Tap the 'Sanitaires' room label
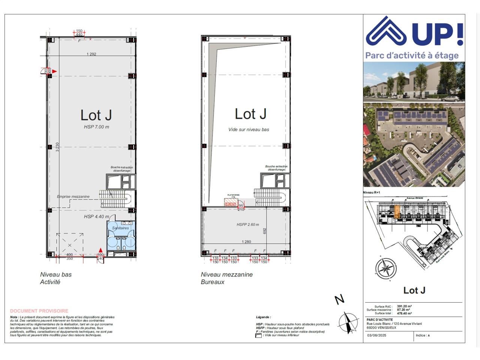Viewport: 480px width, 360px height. coord(120,228)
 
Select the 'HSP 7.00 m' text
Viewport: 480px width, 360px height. coord(96,127)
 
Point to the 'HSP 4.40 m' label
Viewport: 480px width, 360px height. coord(96,217)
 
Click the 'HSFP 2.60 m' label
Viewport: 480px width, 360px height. coord(247,225)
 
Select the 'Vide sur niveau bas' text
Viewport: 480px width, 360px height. coord(249,130)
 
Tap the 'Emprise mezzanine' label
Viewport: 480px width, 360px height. coord(73,196)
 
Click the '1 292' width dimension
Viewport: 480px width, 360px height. coord(91,54)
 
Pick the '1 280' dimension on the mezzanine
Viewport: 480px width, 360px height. coord(246,242)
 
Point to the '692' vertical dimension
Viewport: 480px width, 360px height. coord(264,231)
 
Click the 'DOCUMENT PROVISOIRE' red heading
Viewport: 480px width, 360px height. coord(39,311)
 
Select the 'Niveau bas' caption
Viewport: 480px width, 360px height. coord(55,274)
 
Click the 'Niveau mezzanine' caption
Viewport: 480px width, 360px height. coord(226,274)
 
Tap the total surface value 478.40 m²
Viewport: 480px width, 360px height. coord(404,313)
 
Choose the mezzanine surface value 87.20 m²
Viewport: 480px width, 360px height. coord(403,310)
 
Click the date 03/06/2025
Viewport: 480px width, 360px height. coord(376,335)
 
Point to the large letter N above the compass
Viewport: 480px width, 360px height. coord(339,300)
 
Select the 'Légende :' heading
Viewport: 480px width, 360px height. coord(263,317)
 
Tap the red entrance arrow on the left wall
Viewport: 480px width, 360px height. coord(54,71)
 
